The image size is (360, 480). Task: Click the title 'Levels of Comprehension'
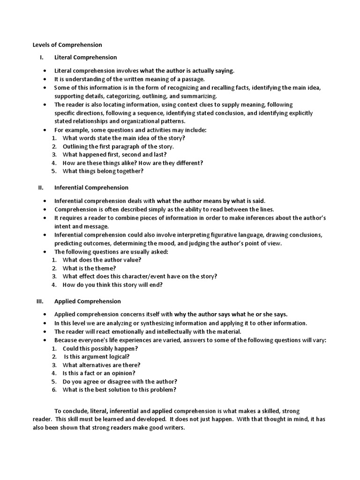coord(67,45)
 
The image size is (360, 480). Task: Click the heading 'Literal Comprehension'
coord(85,58)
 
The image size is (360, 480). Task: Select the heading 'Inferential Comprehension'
coord(91,187)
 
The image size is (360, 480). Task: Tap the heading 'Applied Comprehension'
coord(87,301)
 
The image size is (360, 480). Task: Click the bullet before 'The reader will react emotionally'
coord(44,332)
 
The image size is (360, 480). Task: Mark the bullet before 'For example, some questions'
coord(44,130)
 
